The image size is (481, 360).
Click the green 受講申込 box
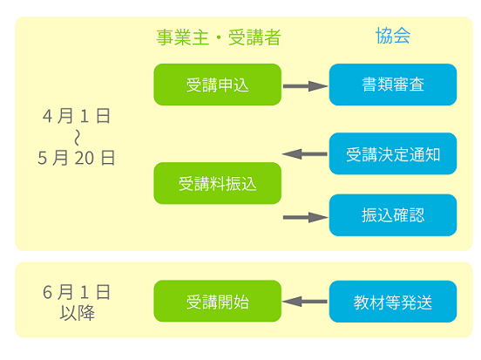pyautogui.click(x=218, y=85)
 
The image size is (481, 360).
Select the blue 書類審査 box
pyautogui.click(x=393, y=85)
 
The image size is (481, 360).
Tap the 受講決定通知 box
pyautogui.click(x=393, y=153)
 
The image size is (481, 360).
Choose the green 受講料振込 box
pyautogui.click(x=218, y=183)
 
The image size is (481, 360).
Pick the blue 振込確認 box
pyautogui.click(x=393, y=214)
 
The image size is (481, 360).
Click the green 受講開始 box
pyautogui.click(x=218, y=301)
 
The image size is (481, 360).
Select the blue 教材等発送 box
pyautogui.click(x=393, y=302)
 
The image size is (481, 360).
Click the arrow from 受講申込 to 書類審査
pyautogui.click(x=305, y=86)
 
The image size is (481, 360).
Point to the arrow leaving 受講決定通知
pyautogui.click(x=305, y=154)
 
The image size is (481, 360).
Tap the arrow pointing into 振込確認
pyautogui.click(x=305, y=217)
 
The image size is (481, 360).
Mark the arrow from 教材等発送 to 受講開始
pyautogui.click(x=305, y=302)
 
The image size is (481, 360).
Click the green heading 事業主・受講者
pyautogui.click(x=219, y=37)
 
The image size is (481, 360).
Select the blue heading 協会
pyautogui.click(x=393, y=36)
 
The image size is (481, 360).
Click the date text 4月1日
pyautogui.click(x=77, y=116)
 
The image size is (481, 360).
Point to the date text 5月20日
pyautogui.click(x=77, y=158)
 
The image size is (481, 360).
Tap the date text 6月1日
pyautogui.click(x=77, y=292)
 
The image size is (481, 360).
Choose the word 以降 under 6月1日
pyautogui.click(x=77, y=313)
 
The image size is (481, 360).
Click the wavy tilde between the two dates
pyautogui.click(x=77, y=137)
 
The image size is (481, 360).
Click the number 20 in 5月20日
pyautogui.click(x=84, y=159)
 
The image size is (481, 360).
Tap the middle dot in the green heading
pyautogui.click(x=219, y=37)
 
